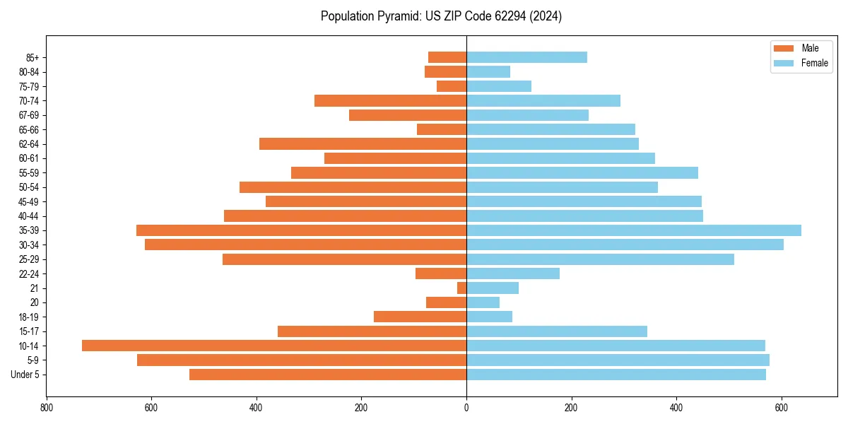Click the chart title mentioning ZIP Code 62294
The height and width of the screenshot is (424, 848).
coord(441,16)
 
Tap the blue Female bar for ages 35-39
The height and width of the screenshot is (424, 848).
coord(634,230)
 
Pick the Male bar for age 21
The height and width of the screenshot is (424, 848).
coord(461,288)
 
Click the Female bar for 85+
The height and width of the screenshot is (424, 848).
coord(526,57)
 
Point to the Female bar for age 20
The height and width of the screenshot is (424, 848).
coord(483,302)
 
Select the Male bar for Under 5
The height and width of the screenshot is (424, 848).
coord(328,375)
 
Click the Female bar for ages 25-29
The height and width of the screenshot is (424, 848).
coord(600,259)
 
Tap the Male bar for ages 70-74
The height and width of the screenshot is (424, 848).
coord(390,100)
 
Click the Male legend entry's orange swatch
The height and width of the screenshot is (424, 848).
coord(784,48)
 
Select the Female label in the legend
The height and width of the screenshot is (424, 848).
coord(814,63)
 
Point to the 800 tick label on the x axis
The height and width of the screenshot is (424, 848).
coord(47,408)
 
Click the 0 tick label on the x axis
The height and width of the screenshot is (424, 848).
coord(466,408)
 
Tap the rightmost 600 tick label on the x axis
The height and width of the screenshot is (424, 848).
coord(781,408)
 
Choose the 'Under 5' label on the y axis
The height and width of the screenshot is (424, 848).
coord(25,375)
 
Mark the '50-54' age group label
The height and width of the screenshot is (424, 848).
coord(28,187)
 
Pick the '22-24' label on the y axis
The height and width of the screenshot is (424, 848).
coord(28,273)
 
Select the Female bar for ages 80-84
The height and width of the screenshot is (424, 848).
coord(488,71)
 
